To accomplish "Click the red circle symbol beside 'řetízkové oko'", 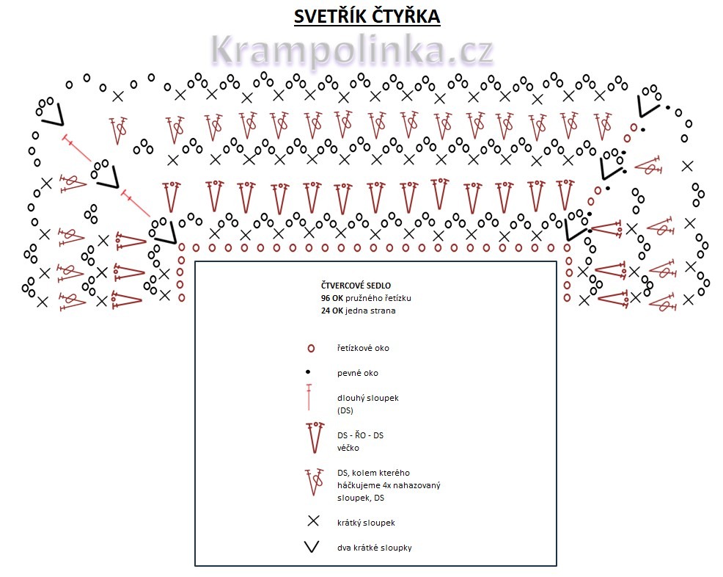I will pyautogui.click(x=311, y=348).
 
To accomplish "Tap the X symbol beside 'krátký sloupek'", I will pyautogui.click(x=312, y=521).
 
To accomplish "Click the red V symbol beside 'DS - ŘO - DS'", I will pyautogui.click(x=314, y=437).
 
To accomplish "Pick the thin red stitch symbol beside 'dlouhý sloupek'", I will pyautogui.click(x=309, y=397).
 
